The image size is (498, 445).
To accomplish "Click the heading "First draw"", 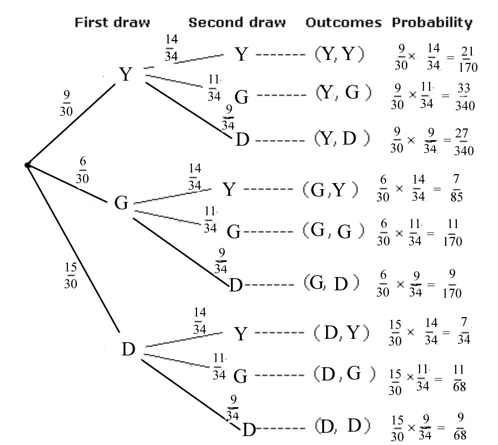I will pyautogui.click(x=112, y=23).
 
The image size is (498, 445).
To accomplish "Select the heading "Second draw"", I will pyautogui.click(x=237, y=23).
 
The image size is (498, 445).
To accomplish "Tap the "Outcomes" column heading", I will pyautogui.click(x=343, y=23).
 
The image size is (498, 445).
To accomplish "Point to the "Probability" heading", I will pyautogui.click(x=432, y=23).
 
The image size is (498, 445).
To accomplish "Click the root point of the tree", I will pyautogui.click(x=27, y=165).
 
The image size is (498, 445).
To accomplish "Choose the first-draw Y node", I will pyautogui.click(x=126, y=75).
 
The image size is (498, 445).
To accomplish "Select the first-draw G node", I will pyautogui.click(x=121, y=202).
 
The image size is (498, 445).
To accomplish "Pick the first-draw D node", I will pyautogui.click(x=129, y=350).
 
